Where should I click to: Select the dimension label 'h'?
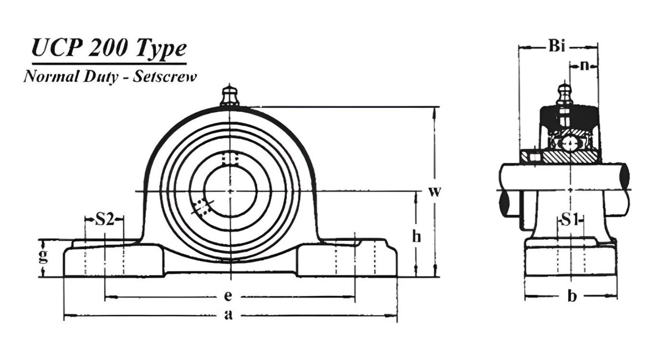click(x=416, y=237)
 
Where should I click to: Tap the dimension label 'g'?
click(x=43, y=256)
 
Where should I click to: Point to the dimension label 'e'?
click(x=228, y=296)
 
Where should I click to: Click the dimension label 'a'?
click(x=228, y=315)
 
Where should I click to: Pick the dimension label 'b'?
click(x=572, y=296)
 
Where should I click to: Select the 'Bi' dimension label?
click(x=557, y=46)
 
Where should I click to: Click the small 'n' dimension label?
click(x=584, y=65)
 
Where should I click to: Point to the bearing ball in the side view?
click(x=569, y=144)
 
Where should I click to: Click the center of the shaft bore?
click(x=230, y=191)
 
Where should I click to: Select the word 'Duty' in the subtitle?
click(x=101, y=76)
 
